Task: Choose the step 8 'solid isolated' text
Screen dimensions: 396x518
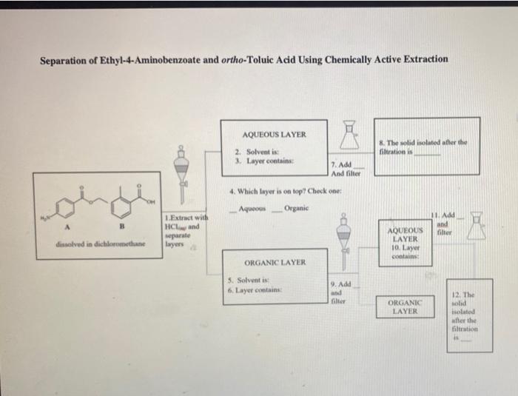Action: click(420, 146)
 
